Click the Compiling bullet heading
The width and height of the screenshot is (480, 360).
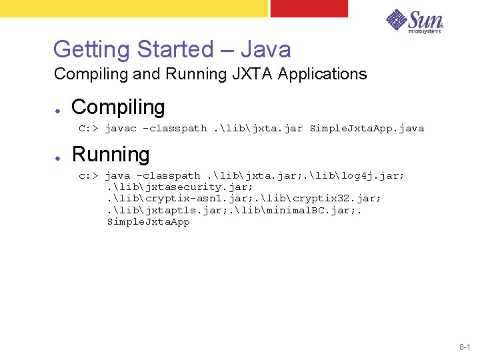coord(118,107)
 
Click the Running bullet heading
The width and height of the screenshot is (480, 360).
coord(111,155)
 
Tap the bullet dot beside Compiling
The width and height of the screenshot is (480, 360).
coord(59,109)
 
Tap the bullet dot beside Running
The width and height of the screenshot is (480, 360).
coord(59,157)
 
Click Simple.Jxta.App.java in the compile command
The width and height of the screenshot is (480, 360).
coord(367,128)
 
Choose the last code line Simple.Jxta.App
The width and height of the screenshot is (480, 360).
coord(148,221)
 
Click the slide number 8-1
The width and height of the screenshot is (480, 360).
coord(465,347)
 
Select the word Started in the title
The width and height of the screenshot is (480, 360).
coord(175,49)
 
